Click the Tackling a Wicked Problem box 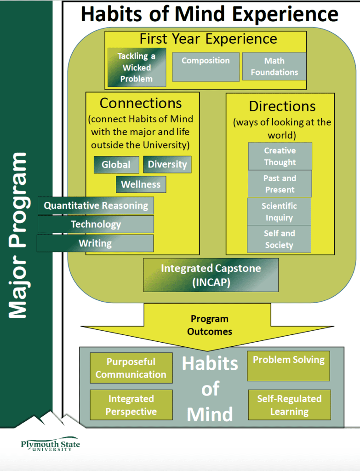coord(137,67)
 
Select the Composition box coord(206,67)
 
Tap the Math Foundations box coord(274,66)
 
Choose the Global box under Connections coord(116,165)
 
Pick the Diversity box coord(167,164)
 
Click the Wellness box coord(141,184)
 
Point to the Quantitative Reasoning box coord(96,206)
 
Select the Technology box coord(96,224)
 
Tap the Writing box coord(95,243)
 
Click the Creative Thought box coord(280,156)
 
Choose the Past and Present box coord(280,184)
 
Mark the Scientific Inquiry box coord(279,212)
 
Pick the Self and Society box coord(279,239)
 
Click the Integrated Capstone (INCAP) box coord(211,275)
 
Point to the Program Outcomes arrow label coord(210,325)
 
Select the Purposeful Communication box coord(131,368)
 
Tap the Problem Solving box coord(288,366)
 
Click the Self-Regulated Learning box coord(289,405)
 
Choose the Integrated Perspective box coord(131,405)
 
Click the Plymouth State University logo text coord(50,445)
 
